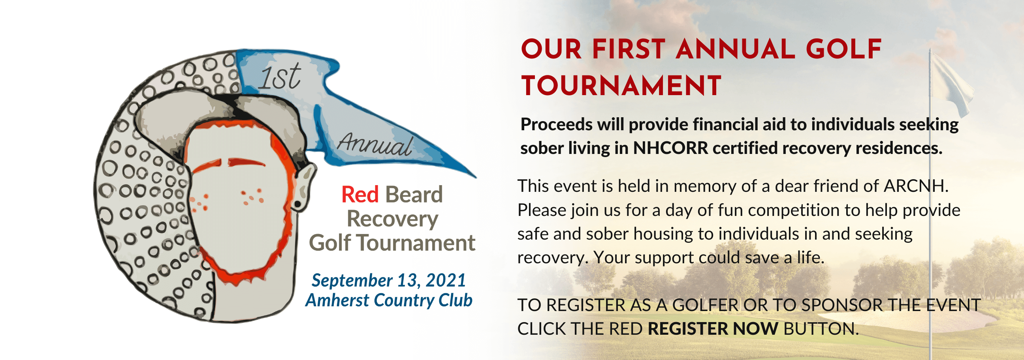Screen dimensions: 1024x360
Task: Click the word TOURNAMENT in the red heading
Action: coord(621,86)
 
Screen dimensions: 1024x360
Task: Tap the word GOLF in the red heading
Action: coord(843,50)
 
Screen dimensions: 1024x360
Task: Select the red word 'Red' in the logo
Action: coord(360,194)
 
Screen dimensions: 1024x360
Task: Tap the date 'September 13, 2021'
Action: coord(388,281)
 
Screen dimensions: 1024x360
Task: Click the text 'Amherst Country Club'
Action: coord(388,300)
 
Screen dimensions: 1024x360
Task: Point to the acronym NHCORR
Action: coord(670,148)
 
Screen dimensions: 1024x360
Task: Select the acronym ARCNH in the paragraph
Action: coord(915,186)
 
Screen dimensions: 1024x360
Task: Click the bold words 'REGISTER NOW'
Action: coord(713,329)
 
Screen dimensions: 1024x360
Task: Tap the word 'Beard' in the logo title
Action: coord(413,194)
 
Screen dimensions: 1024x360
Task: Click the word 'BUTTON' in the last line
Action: coord(821,329)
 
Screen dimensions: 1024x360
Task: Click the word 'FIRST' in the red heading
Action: coord(629,50)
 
